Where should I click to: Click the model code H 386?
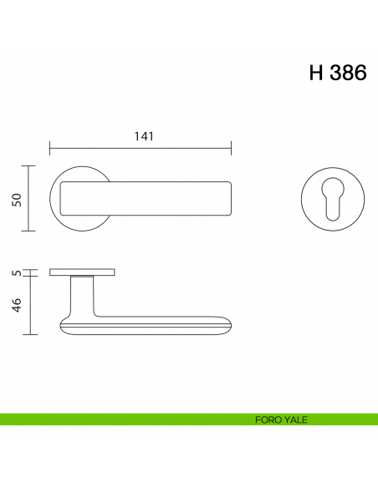point(338,73)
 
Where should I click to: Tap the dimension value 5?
point(15,273)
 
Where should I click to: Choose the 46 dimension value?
point(15,306)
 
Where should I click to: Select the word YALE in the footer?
point(294,419)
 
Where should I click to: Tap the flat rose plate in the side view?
point(82,272)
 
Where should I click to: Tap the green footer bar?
point(125,419)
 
